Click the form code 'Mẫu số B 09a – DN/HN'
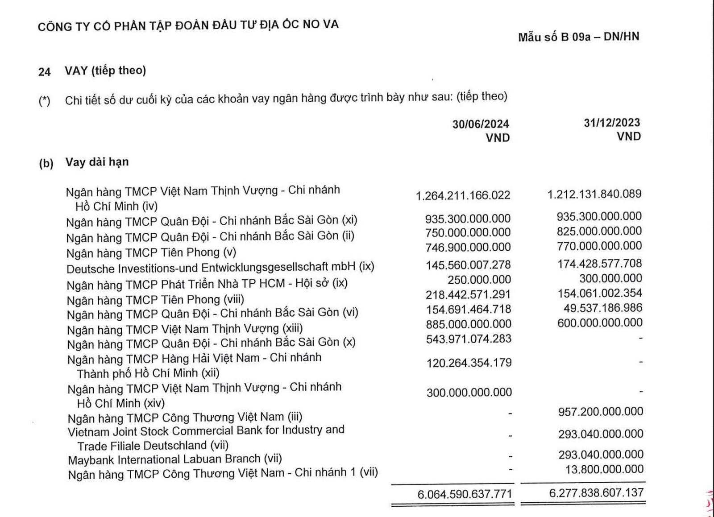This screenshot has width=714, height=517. [x=578, y=37]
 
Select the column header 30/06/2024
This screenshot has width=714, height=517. [x=481, y=124]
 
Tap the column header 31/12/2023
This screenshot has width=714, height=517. [x=612, y=123]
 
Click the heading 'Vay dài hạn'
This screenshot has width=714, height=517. [x=97, y=162]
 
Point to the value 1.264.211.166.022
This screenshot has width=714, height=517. [x=463, y=195]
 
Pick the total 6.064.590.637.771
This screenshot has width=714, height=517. [x=465, y=494]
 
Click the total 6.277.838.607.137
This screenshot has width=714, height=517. [x=596, y=492]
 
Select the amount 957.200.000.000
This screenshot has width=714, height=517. [x=600, y=411]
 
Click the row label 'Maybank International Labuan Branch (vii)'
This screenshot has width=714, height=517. [x=175, y=459]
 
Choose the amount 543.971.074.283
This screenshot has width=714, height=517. [x=469, y=339]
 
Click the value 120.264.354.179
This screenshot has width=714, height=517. [x=469, y=363]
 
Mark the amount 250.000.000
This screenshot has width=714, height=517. [x=479, y=280]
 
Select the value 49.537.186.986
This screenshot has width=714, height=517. [x=602, y=308]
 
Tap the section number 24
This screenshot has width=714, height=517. [x=45, y=72]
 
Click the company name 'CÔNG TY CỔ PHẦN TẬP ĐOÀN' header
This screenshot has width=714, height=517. [x=188, y=25]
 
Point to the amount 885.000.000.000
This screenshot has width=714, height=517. [x=469, y=324]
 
